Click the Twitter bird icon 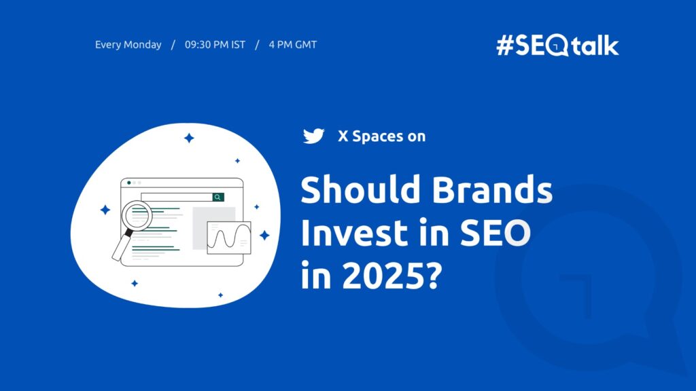313,136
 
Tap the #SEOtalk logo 557,45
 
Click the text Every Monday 128,45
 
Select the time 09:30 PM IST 213,45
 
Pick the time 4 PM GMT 292,45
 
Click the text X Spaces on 381,136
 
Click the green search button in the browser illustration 217,197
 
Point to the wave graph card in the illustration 229,238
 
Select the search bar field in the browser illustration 177,197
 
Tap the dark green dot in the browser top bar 129,183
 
